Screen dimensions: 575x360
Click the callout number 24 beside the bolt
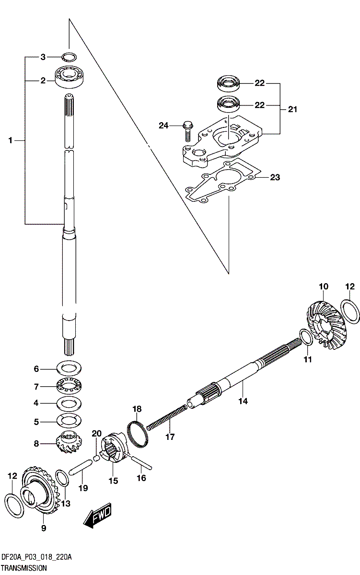tap(164, 126)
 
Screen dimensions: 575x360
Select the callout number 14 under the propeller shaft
tap(244, 401)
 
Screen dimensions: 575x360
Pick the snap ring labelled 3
tap(69, 57)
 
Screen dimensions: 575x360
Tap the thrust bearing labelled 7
tap(69, 386)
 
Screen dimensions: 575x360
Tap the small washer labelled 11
tap(307, 337)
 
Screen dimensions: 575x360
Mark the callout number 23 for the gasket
tap(275, 177)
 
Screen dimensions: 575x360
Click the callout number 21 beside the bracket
tap(292, 109)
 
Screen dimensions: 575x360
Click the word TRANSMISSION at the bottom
tap(23, 568)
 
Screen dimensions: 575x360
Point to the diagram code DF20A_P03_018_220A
tap(36, 557)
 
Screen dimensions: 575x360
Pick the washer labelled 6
tap(69, 369)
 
